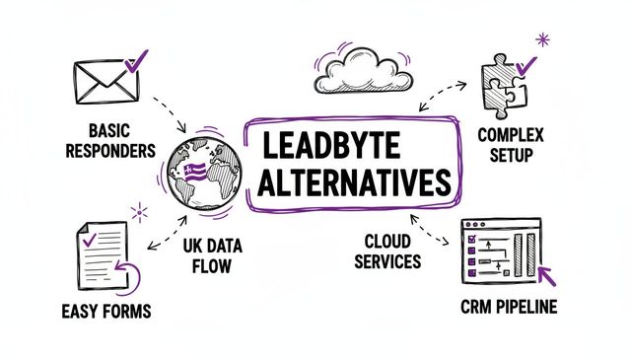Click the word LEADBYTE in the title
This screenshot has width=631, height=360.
[x=329, y=146]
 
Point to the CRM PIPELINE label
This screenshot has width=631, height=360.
[x=508, y=307]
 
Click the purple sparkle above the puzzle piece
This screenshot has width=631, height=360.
[x=541, y=40]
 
